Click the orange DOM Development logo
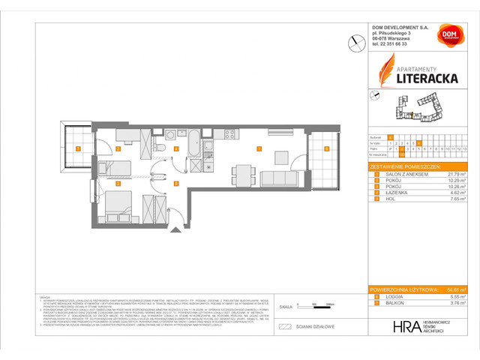pos(449,36)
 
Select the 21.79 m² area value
pos(457,174)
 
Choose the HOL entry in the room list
pos(389,198)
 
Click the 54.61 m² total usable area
pos(457,288)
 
